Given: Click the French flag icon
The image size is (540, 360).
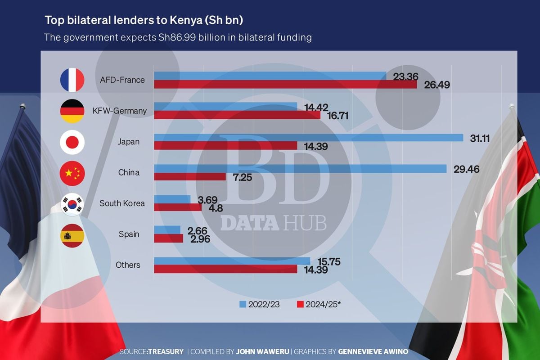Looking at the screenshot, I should (72, 80).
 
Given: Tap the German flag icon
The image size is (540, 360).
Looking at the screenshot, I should (72, 111).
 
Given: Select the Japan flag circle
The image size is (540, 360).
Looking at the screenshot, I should (72, 142).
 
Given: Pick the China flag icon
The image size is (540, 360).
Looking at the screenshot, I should (72, 172).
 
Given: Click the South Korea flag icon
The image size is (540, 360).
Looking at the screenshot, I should (72, 203).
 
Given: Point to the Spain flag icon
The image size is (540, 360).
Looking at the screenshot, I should (72, 234).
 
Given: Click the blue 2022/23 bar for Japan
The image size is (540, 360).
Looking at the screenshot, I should (309, 138).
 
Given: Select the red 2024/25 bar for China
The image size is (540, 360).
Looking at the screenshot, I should (190, 176).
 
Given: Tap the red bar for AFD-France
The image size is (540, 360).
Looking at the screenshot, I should (285, 84).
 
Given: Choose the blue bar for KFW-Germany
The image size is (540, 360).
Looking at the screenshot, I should (225, 106).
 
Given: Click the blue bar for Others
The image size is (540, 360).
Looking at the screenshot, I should (232, 261).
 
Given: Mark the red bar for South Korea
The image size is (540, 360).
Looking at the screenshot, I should (178, 207).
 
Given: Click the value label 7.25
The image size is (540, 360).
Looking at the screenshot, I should (242, 177).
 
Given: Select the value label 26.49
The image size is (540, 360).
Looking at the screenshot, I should (436, 85).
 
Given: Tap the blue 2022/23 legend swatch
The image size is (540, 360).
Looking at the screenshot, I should (243, 304).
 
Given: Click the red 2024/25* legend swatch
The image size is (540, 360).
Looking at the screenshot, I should (300, 304).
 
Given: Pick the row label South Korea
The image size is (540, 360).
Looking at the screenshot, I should (122, 203).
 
